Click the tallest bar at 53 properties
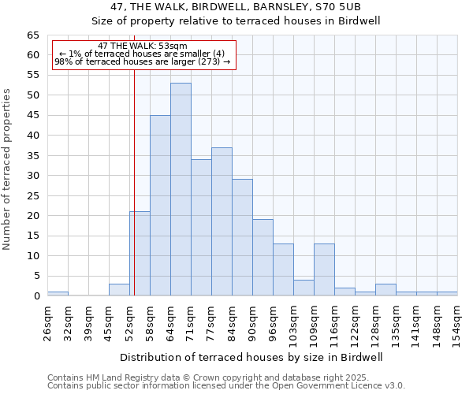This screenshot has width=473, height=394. (181, 189)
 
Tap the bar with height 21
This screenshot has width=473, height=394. (140, 254)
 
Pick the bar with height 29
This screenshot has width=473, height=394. (242, 237)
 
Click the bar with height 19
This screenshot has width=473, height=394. (263, 258)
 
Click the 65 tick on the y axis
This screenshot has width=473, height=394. (33, 35)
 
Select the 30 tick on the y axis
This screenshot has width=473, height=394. (33, 176)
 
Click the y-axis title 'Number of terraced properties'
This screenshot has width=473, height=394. (8, 169)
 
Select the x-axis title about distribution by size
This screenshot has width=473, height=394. (251, 357)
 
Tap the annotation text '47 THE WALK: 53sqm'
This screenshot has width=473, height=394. (143, 46)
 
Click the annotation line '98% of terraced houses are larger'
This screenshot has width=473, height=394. (143, 61)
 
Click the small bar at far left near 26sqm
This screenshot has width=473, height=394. (58, 294)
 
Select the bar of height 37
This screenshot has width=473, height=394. (222, 221)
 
